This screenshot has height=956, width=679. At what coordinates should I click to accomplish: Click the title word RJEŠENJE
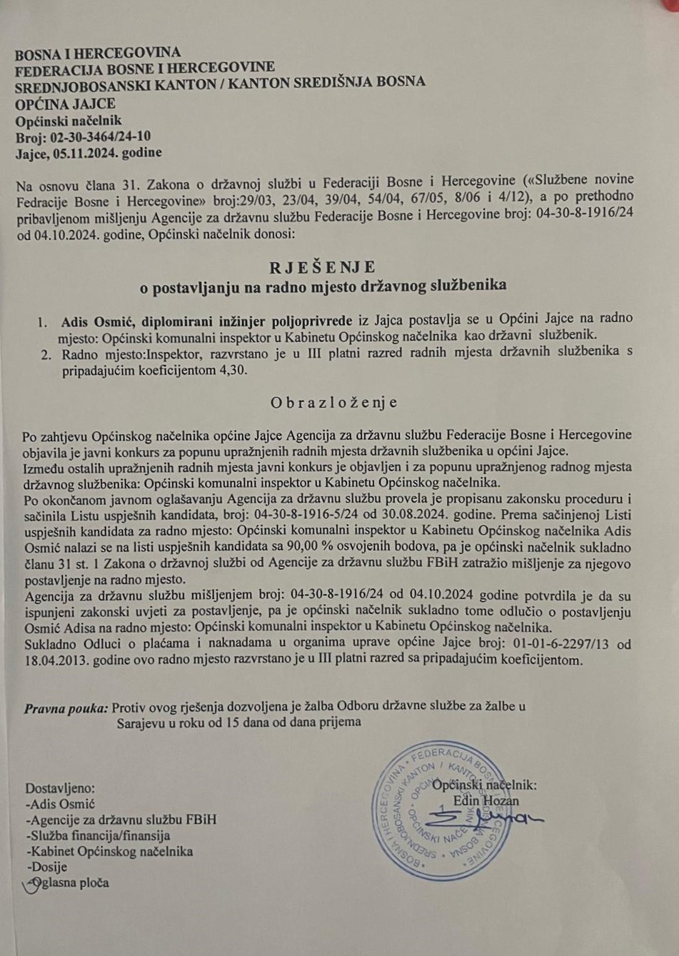pos(322,268)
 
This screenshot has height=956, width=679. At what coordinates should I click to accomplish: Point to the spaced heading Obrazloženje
pos(333,403)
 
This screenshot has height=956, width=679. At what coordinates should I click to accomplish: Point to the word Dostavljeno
pos(59,788)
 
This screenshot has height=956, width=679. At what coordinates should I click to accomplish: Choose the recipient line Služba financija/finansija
pos(98,835)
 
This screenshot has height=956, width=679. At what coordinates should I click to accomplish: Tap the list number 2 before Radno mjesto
pos(46,354)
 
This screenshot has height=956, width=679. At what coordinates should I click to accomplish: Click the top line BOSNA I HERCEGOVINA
pos(98,52)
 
